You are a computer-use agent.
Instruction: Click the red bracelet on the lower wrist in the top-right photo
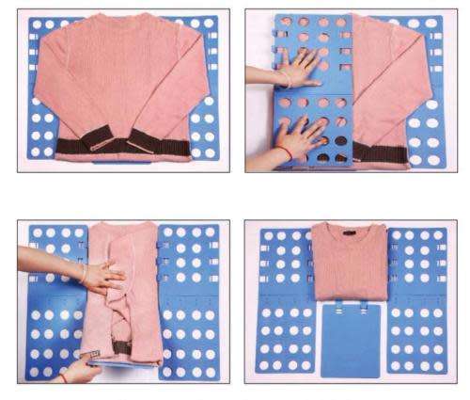point(279,149)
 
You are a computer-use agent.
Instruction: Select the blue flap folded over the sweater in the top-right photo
point(320,94)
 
